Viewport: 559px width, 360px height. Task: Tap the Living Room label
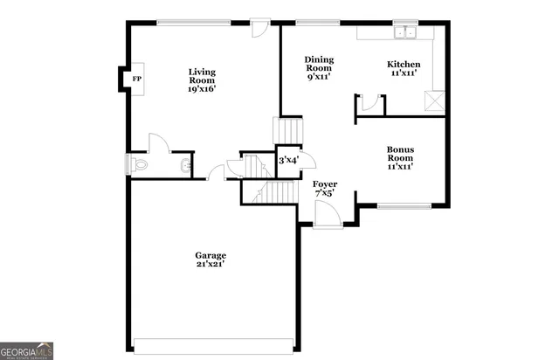click(203, 76)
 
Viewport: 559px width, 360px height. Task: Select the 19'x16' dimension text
click(203, 88)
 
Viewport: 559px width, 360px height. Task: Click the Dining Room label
click(320, 64)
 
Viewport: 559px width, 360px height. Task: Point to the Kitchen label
click(404, 64)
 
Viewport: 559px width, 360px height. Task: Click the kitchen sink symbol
click(404, 33)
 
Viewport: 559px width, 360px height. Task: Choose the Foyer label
click(325, 184)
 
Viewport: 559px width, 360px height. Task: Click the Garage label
click(210, 255)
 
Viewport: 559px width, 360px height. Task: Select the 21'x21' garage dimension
click(210, 264)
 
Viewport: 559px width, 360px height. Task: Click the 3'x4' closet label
click(288, 161)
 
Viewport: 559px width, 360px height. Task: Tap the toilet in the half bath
click(139, 164)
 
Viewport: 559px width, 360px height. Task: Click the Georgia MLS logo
click(27, 350)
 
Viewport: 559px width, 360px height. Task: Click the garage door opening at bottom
click(210, 343)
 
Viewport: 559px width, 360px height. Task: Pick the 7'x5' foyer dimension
click(325, 195)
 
